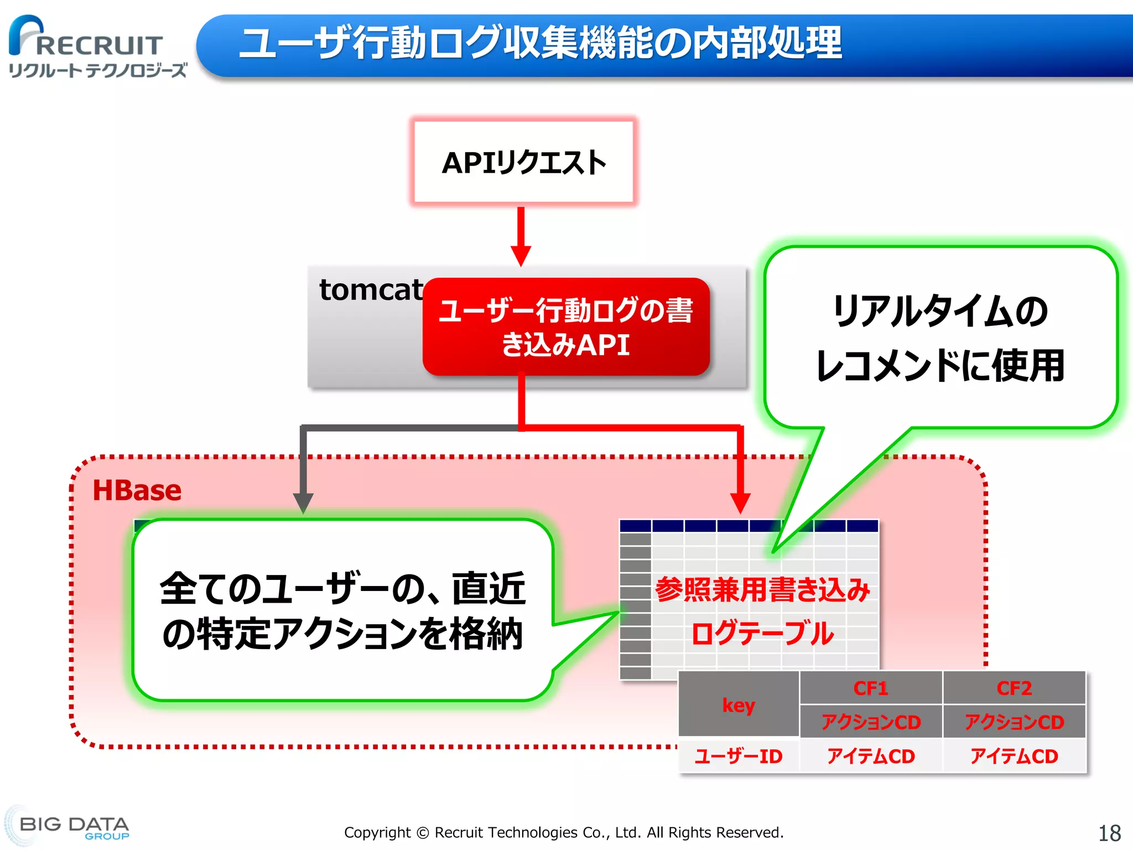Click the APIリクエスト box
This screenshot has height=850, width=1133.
click(x=523, y=162)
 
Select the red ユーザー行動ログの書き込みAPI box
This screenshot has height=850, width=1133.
click(x=565, y=327)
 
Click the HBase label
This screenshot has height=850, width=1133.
click(x=137, y=490)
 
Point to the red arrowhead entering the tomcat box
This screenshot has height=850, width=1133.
click(x=521, y=256)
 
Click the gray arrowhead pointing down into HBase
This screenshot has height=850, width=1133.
click(x=303, y=502)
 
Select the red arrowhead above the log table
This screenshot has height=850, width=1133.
click(x=740, y=502)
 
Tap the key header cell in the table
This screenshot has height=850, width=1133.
click(x=739, y=704)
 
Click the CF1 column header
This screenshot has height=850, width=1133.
click(x=870, y=688)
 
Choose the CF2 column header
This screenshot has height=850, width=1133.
click(x=1014, y=688)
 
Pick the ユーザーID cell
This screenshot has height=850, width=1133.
click(x=739, y=756)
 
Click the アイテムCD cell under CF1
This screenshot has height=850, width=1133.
click(x=870, y=756)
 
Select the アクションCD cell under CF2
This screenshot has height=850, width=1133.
click(x=1014, y=722)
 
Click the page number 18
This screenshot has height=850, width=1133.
click(x=1109, y=833)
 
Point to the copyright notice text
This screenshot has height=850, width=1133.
click(x=564, y=832)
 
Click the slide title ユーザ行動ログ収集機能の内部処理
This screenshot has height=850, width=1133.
click(x=540, y=43)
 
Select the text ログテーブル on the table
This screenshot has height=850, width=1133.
click(x=762, y=633)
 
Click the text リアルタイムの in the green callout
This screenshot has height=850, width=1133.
click(x=940, y=310)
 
